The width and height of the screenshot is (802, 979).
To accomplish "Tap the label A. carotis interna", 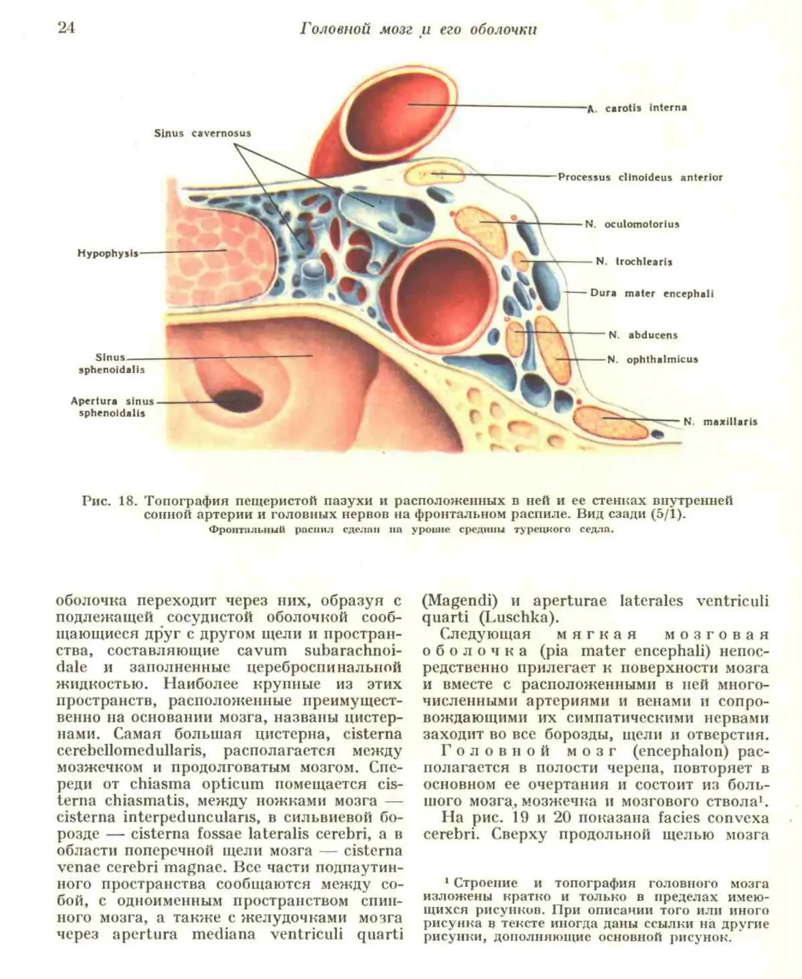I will coord(637,108).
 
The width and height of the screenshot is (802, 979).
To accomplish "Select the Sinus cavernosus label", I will coord(203,134).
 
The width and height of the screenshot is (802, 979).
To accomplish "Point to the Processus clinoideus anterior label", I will coord(640,177).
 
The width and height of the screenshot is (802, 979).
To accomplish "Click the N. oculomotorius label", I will coord(632,224).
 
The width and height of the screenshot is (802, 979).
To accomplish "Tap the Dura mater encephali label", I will coord(651,294).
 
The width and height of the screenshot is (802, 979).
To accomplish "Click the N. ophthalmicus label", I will coord(653,359).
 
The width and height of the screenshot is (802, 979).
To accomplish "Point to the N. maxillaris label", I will coord(720,422).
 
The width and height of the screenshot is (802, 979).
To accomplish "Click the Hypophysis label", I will coord(108,253).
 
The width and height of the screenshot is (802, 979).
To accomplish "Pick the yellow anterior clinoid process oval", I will coord(434,175).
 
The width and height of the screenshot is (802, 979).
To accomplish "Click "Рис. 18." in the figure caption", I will coord(109,500).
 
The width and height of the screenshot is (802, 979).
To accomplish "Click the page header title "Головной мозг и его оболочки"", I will coord(418,30).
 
